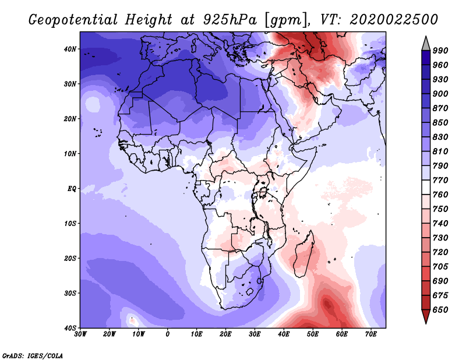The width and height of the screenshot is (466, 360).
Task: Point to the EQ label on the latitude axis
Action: point(72,189)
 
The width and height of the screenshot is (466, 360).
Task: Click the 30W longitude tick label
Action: point(80,334)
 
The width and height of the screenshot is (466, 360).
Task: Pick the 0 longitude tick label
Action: point(168,334)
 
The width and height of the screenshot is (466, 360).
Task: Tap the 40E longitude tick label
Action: point(284,334)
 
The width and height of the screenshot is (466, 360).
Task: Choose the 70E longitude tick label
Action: point(371,334)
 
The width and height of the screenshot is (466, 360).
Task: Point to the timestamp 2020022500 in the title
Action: point(394,19)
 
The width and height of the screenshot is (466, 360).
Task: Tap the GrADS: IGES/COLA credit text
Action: point(33,355)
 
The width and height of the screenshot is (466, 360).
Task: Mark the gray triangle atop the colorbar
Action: point(426,43)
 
